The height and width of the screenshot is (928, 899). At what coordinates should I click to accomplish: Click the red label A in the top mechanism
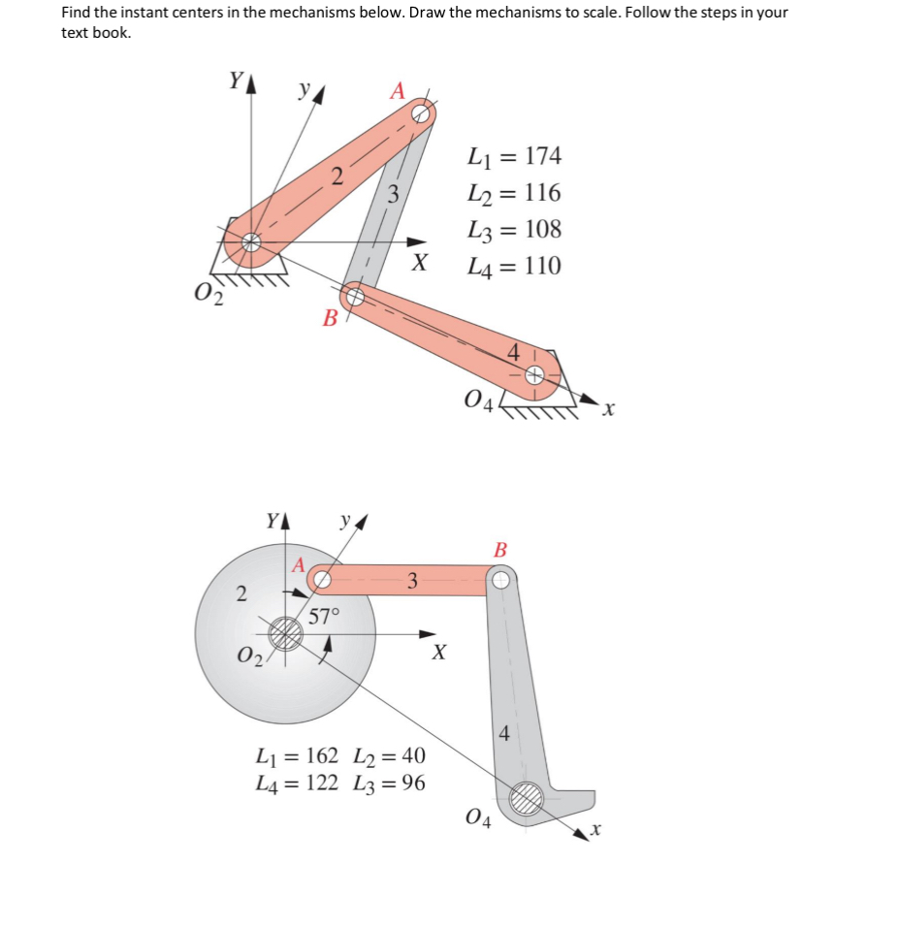click(397, 90)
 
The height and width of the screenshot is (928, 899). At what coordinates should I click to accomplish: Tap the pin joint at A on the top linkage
click(421, 113)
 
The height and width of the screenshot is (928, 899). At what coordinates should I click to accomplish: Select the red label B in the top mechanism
click(331, 317)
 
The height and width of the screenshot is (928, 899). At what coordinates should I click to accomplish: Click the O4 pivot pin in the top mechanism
click(534, 374)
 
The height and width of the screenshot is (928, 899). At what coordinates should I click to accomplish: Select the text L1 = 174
click(514, 156)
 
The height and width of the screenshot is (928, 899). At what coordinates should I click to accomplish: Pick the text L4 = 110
click(514, 266)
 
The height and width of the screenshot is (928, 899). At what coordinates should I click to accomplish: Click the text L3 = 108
click(514, 230)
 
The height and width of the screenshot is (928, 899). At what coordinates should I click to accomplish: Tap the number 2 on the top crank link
click(337, 176)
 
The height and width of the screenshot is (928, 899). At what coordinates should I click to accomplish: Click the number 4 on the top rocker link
click(515, 354)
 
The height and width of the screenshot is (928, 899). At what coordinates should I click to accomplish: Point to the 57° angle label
click(325, 615)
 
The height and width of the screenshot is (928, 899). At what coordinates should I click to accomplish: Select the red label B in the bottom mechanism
click(500, 550)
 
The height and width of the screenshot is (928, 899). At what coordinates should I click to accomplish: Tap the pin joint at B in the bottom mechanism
click(499, 580)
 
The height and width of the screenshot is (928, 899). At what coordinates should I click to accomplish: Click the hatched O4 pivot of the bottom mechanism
click(528, 798)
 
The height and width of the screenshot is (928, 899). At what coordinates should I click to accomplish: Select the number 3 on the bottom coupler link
click(412, 581)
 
